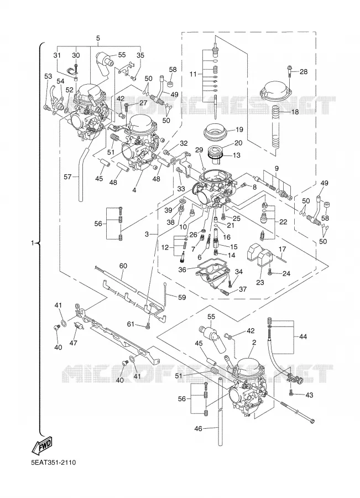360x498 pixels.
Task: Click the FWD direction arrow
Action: tap(41, 445)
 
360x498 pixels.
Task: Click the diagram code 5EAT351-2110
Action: tap(53, 462)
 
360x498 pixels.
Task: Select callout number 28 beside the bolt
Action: tap(304, 72)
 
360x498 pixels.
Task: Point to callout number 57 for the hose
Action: tap(67, 177)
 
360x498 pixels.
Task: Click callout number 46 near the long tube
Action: tap(198, 429)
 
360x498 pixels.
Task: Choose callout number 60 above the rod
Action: tap(123, 266)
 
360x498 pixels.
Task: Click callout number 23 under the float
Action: tap(260, 282)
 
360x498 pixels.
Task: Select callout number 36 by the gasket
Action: tap(182, 269)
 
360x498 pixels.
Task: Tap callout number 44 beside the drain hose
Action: tap(303, 336)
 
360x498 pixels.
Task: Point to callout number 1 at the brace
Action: tap(32, 243)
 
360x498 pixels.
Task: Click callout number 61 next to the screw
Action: tap(131, 324)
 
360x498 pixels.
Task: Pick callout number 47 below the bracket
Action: tap(74, 343)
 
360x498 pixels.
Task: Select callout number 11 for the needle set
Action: tap(194, 75)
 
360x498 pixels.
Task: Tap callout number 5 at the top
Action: tap(98, 38)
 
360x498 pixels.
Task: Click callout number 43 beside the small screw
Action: tap(309, 395)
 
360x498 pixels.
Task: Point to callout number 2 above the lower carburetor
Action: tap(254, 343)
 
